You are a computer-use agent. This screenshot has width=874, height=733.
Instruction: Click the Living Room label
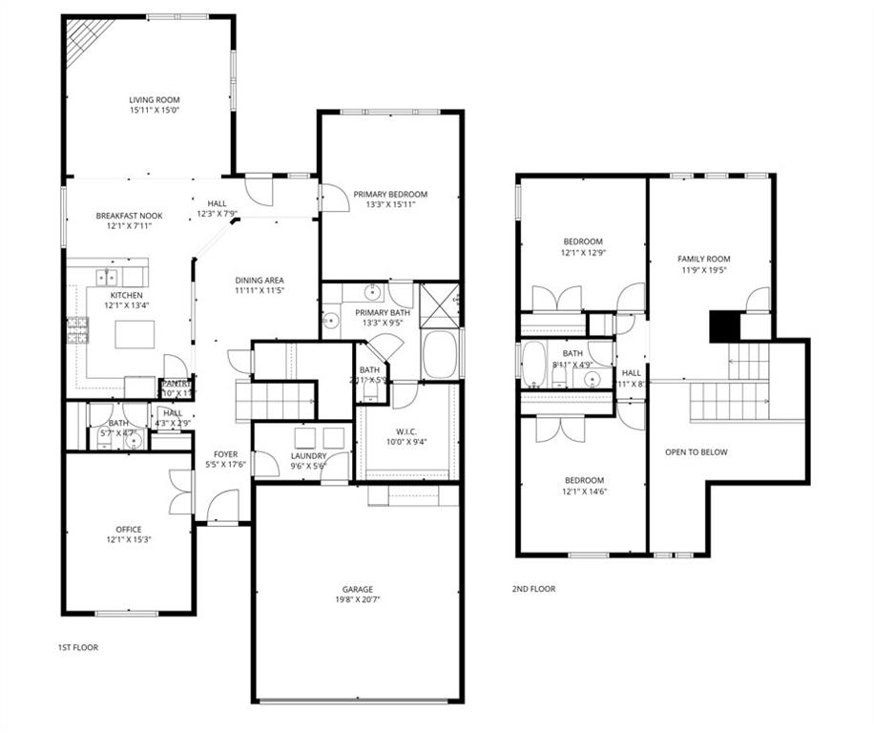coord(155,99)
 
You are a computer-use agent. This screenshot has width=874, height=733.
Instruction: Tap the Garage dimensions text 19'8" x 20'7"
coord(358,600)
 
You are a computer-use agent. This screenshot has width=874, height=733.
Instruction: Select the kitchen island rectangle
coord(135,334)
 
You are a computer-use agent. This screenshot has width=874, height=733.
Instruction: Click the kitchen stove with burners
coord(77,330)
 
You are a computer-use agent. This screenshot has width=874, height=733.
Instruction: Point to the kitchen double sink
coord(107,278)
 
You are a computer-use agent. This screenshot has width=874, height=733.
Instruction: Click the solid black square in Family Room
coord(724,326)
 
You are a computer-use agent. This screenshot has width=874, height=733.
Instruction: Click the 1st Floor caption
coord(78,647)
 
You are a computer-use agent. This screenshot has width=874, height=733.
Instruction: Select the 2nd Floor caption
coord(533,589)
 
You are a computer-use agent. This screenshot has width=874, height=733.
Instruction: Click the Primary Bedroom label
coord(390,194)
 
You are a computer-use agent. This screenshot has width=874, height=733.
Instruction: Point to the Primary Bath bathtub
coord(439,355)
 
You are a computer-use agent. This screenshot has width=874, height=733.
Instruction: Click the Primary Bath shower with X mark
coord(440,304)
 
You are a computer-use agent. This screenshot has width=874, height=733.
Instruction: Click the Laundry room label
coord(308,456)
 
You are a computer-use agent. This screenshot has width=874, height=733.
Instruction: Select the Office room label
coord(129,530)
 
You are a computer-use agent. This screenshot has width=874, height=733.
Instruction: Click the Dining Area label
coord(260,280)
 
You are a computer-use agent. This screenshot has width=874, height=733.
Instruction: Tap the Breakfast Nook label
coord(129,216)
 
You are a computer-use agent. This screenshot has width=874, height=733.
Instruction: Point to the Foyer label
coord(225,454)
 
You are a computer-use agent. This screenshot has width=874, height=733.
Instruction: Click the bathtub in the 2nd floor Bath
coord(534,364)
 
